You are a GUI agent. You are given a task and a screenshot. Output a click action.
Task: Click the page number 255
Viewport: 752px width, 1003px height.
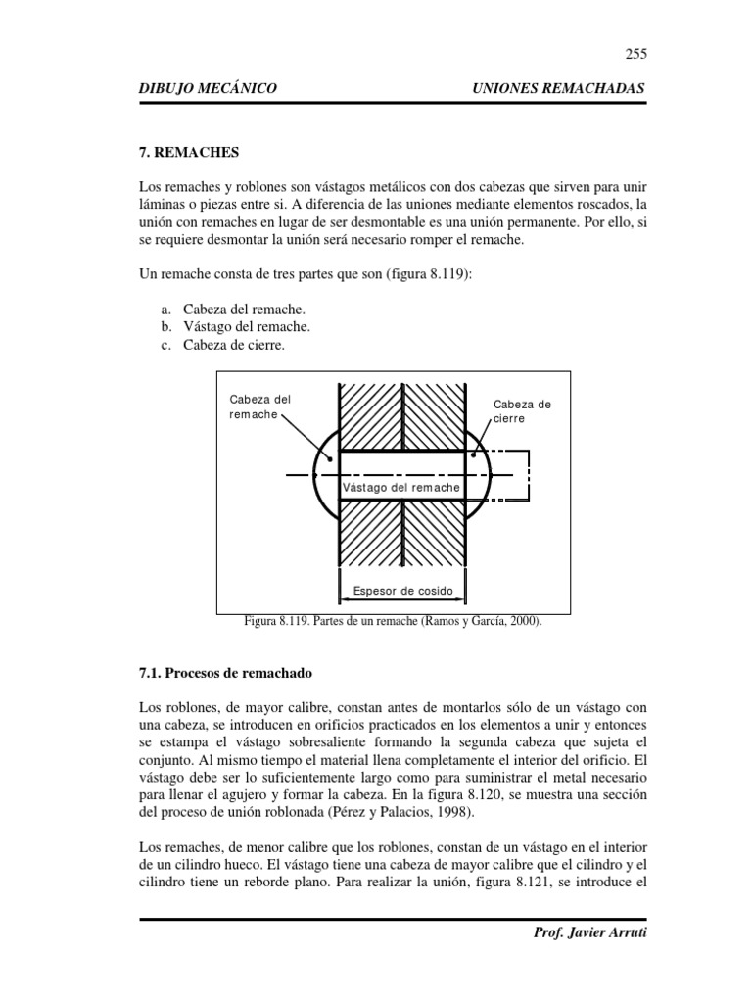635,54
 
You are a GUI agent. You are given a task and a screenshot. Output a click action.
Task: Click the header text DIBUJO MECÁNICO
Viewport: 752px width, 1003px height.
209,89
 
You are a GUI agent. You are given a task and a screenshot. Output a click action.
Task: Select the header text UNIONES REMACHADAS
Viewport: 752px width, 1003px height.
559,89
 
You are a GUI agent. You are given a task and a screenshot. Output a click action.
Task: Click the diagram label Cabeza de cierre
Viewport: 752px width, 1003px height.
521,410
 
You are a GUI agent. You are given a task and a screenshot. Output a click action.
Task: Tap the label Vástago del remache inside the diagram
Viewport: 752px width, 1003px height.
400,487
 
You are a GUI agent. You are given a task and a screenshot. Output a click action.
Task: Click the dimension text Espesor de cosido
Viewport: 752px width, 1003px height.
402,591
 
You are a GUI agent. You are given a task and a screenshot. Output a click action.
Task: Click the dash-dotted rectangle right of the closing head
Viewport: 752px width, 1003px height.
509,475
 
